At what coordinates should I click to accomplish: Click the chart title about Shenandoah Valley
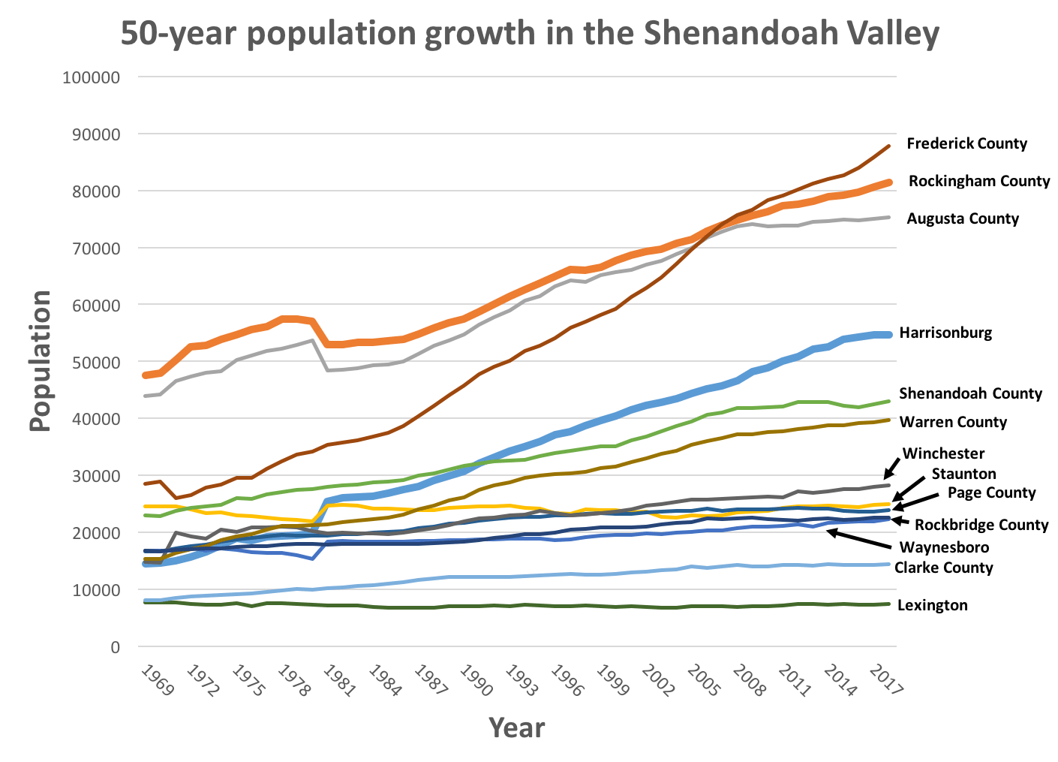[530, 34]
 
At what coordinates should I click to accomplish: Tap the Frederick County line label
[966, 143]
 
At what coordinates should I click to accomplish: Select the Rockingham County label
[978, 181]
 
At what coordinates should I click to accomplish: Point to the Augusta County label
[963, 218]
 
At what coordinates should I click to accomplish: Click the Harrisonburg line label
[945, 333]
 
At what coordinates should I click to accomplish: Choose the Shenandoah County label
[970, 393]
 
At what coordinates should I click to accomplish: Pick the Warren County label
[953, 422]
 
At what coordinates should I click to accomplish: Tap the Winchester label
[943, 453]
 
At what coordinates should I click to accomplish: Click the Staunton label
[963, 474]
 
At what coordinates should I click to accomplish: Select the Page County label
[991, 493]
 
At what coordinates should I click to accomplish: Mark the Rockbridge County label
[981, 525]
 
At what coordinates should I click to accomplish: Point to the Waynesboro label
[944, 547]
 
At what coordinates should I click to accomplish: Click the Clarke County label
[943, 568]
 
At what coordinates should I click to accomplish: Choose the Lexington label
[932, 605]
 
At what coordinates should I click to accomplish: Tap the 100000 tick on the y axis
[92, 77]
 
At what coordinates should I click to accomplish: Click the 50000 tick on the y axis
[95, 362]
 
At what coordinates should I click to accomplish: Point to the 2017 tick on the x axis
[885, 680]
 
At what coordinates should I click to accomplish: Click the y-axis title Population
[41, 361]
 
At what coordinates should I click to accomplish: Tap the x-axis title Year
[516, 727]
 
